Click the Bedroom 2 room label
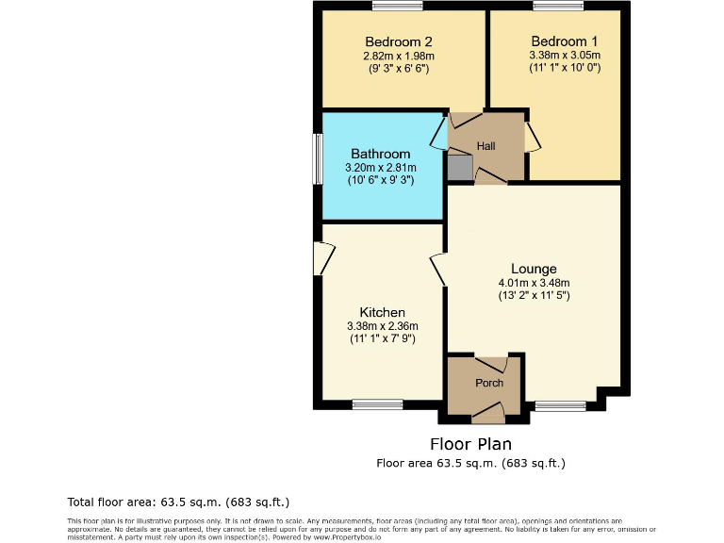point(399,41)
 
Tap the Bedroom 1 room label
point(564,41)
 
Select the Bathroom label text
point(381,154)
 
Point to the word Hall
point(486,146)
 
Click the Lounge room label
point(534,269)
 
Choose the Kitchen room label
point(382,313)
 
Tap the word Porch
point(489,383)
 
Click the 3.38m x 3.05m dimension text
point(564,56)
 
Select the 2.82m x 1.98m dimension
point(399,56)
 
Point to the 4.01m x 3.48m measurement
point(534,283)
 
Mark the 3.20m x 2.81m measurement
point(381,168)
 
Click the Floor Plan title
point(471,444)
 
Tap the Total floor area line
point(178,502)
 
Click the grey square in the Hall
point(458,168)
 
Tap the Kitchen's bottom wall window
point(377,405)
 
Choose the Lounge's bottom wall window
point(560,406)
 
